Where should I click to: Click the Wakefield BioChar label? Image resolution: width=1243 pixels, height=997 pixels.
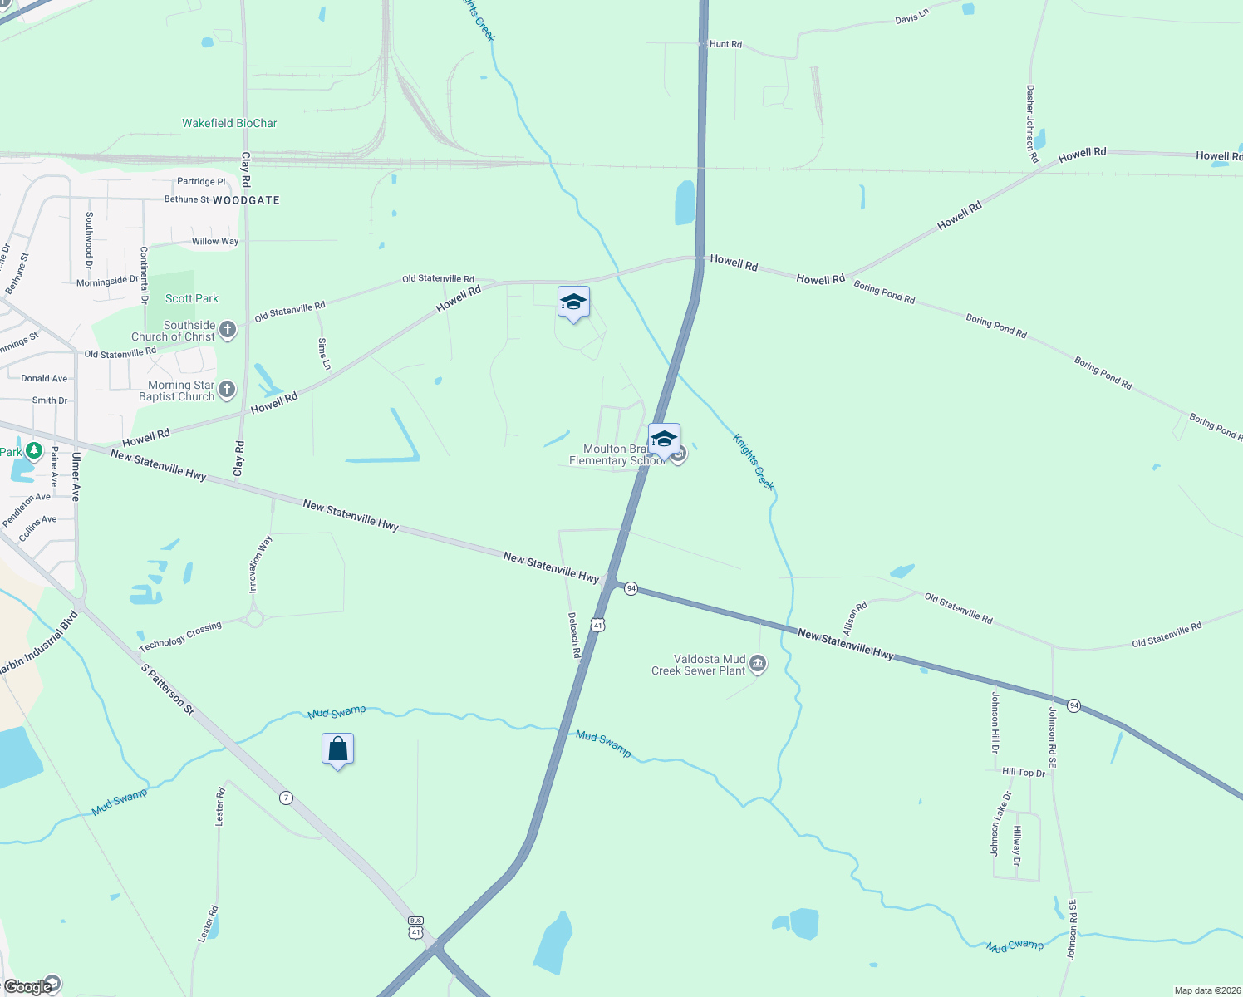[229, 123]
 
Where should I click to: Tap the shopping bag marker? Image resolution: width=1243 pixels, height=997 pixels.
[337, 749]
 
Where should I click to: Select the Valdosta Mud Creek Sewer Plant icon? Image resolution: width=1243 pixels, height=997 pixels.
[758, 663]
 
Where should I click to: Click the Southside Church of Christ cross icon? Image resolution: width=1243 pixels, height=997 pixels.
[228, 330]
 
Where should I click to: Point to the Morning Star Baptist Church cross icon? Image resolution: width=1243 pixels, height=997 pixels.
[226, 390]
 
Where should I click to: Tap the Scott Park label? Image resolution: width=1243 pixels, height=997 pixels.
[192, 298]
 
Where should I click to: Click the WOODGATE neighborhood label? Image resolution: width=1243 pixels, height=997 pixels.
[246, 200]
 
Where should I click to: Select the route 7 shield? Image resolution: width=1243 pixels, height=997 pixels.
[287, 798]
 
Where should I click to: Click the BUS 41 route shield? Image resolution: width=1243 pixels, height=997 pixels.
[416, 927]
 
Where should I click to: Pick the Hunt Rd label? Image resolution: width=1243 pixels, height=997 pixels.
[725, 44]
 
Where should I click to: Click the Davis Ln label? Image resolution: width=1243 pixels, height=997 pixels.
[911, 16]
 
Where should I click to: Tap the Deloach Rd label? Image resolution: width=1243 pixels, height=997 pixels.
[574, 636]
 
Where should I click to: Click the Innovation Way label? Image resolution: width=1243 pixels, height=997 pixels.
[261, 564]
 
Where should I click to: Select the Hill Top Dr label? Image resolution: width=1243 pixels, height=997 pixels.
[1024, 772]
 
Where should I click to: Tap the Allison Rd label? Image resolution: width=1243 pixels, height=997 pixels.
[855, 618]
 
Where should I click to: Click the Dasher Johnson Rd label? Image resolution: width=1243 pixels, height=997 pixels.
[1032, 123]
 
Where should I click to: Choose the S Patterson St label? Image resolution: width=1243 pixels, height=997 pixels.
[167, 689]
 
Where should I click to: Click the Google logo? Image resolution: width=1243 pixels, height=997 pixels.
[28, 987]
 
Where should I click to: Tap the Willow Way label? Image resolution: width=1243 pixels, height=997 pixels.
[215, 242]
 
